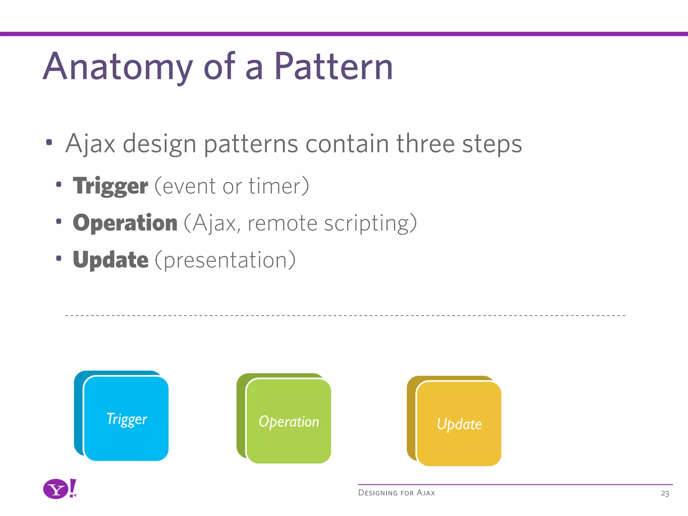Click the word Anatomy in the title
(118, 67)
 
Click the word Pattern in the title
(333, 67)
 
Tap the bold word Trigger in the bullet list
(111, 186)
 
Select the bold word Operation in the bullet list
(125, 223)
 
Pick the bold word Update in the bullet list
(111, 260)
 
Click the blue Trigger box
(126, 419)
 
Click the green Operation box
(289, 421)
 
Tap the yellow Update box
(459, 424)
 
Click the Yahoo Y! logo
(60, 489)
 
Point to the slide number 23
(665, 493)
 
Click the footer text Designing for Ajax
(396, 493)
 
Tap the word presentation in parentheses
(225, 260)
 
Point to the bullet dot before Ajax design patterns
(49, 142)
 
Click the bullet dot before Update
(59, 258)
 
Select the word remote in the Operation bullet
(282, 223)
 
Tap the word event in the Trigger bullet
(189, 186)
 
